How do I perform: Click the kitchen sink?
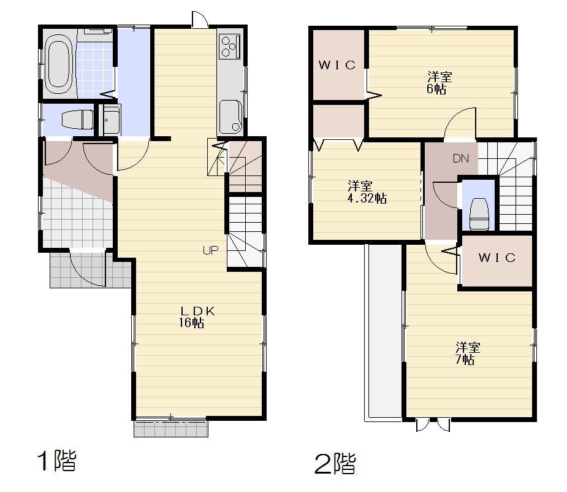click(231, 116)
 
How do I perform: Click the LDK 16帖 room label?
click(196, 317)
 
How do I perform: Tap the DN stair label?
click(461, 159)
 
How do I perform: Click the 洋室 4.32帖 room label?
click(363, 191)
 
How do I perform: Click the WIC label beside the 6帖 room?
click(337, 65)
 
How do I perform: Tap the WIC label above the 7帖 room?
click(497, 258)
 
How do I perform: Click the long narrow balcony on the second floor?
click(382, 331)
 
